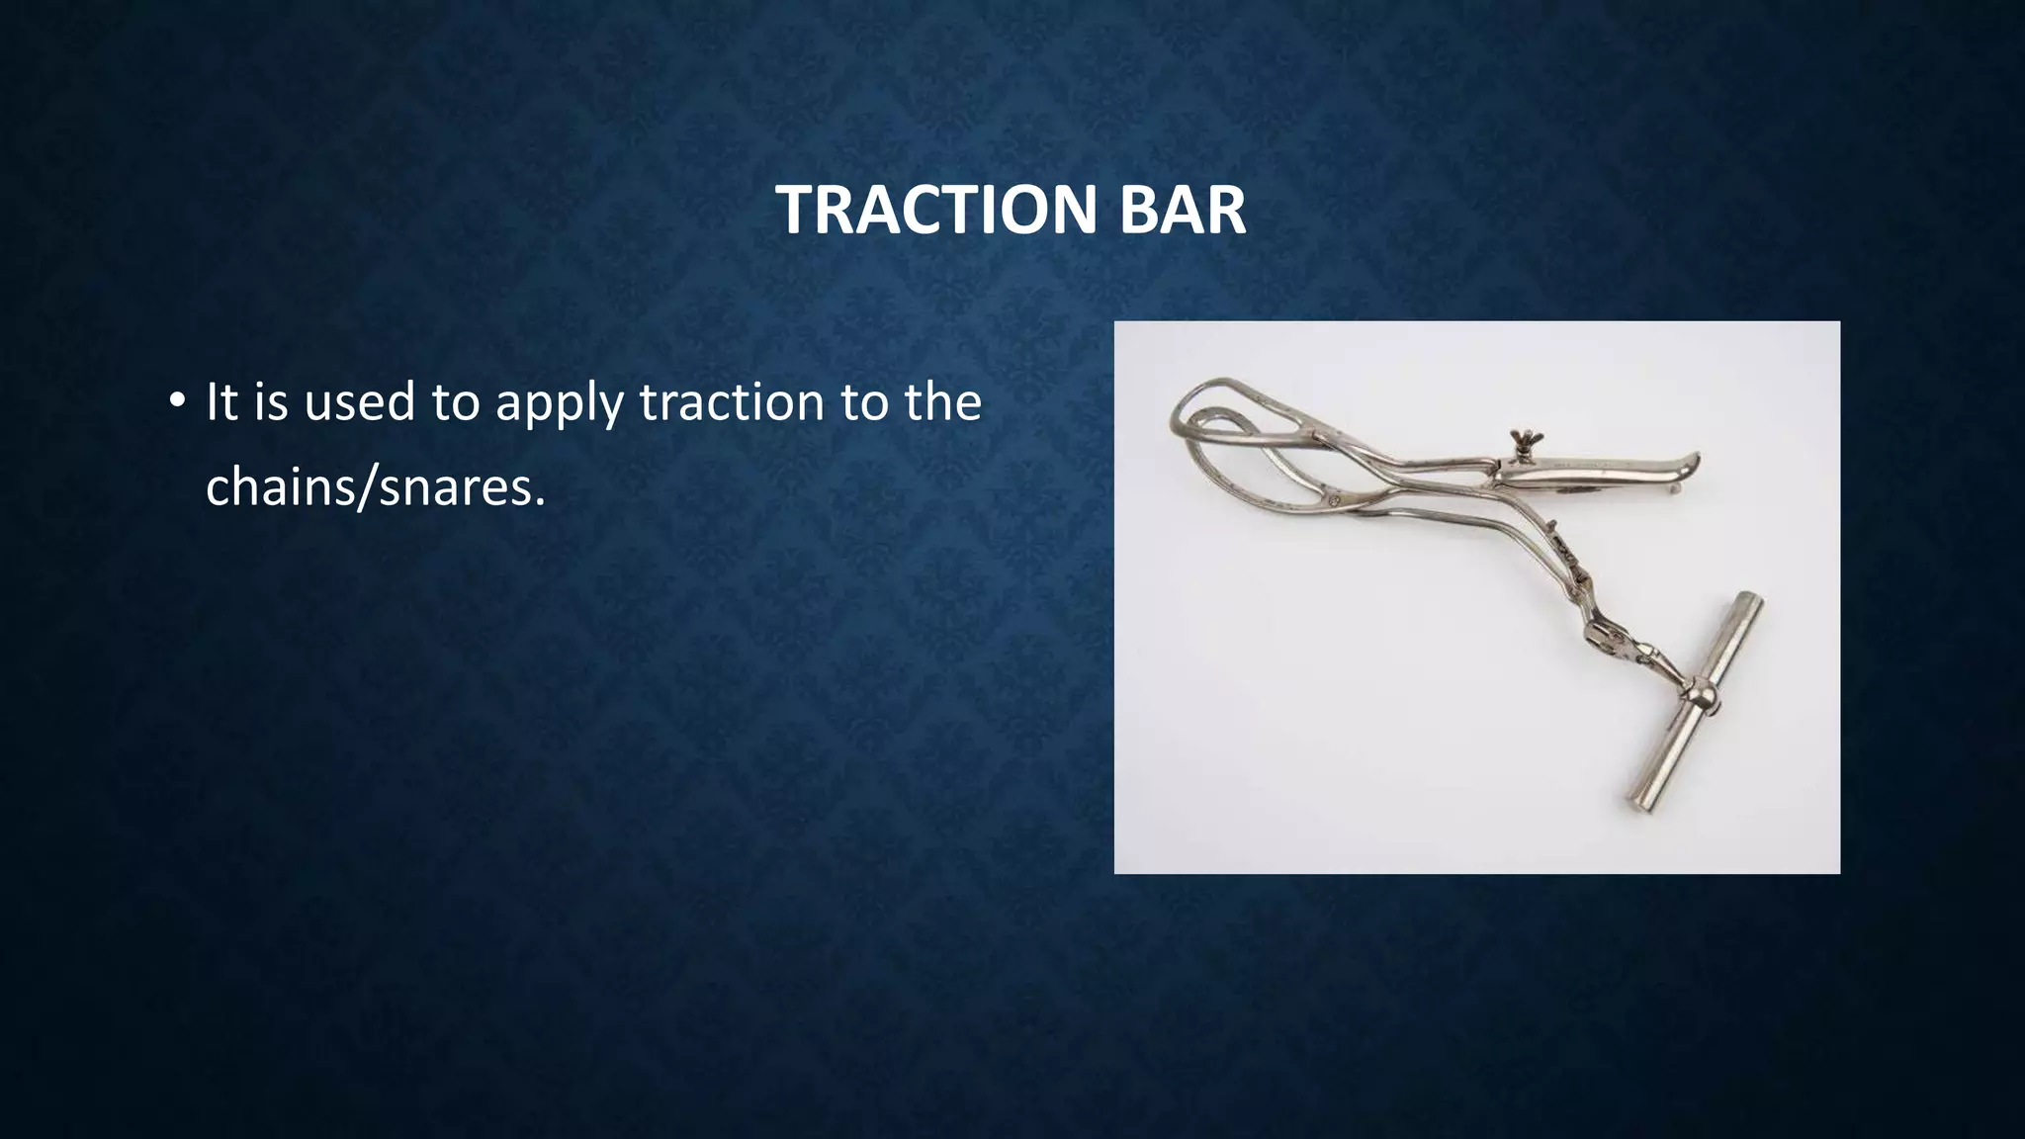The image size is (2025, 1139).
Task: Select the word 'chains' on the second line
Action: click(281, 486)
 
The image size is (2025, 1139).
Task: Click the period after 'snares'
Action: click(540, 502)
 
